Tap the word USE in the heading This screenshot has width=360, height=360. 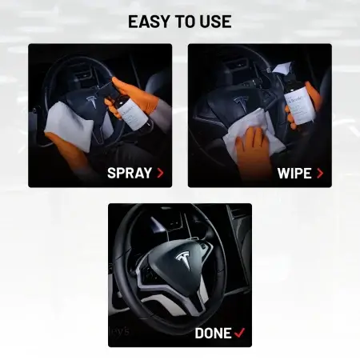click(215, 22)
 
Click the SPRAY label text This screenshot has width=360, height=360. click(130, 172)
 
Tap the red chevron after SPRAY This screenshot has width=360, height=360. click(160, 172)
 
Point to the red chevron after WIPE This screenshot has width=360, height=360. click(320, 172)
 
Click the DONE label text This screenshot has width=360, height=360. click(213, 332)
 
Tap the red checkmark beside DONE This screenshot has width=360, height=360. click(240, 332)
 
